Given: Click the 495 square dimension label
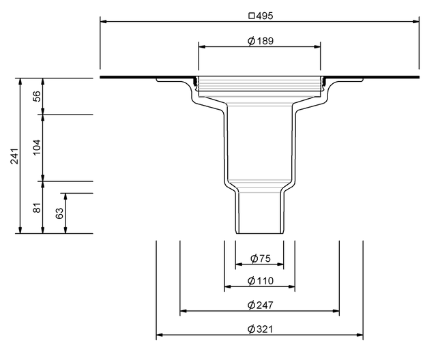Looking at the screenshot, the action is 261,16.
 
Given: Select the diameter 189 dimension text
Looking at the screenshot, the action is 261,41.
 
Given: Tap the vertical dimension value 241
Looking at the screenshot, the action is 14,156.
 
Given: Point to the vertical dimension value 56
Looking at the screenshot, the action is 37,96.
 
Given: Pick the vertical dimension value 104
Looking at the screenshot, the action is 37,147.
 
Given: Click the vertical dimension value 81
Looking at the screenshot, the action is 37,207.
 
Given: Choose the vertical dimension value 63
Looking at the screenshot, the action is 59,213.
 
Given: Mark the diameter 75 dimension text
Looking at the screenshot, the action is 261,258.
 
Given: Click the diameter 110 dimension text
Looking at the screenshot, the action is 261,281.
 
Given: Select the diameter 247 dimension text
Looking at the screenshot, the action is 261,305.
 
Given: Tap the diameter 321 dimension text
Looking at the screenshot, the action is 261,329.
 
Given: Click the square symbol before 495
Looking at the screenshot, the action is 252,16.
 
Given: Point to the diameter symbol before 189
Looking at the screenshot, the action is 251,41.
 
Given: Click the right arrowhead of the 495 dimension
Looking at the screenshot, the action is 415,22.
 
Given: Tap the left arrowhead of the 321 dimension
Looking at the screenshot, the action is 160,335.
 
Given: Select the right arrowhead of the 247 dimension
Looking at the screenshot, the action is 336,311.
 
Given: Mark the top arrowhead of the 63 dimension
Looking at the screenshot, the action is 65,196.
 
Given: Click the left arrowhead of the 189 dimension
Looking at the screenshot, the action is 202,46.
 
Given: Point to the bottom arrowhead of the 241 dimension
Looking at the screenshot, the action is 20,230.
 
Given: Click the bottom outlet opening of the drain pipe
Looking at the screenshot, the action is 259,233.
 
